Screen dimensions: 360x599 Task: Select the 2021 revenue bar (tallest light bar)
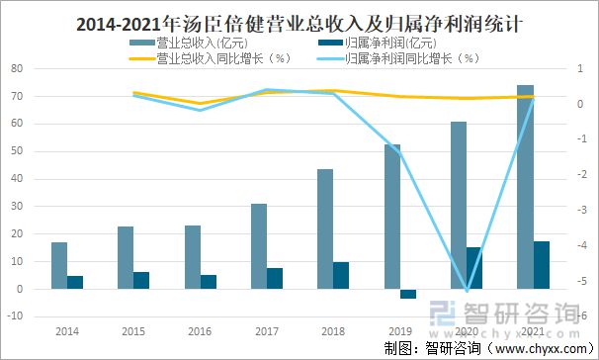[525, 187]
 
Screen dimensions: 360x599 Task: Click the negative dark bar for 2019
[408, 294]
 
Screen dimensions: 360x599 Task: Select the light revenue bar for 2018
[325, 228]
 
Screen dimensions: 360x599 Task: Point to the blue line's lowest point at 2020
[467, 291]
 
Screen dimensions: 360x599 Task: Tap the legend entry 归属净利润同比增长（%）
[413, 58]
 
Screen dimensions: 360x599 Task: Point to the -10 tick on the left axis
[15, 316]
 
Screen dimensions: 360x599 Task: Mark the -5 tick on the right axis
[583, 281]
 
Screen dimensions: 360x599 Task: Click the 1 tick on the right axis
[583, 69]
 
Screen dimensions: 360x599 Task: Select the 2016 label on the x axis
[200, 332]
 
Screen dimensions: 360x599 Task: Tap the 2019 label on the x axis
[399, 332]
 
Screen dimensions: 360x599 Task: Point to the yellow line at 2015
[133, 93]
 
